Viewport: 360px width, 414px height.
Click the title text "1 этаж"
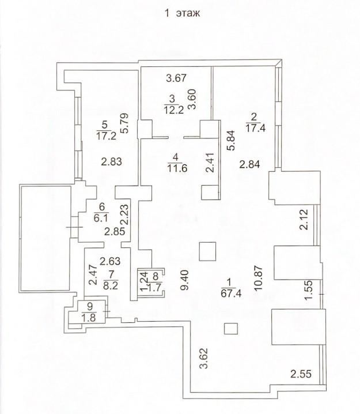pyautogui.click(x=182, y=13)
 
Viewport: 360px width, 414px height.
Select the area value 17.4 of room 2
pyautogui.click(x=255, y=128)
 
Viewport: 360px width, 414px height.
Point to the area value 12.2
pyautogui.click(x=173, y=110)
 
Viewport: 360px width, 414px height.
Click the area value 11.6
pyautogui.click(x=177, y=168)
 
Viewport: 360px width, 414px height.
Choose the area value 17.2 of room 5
pyautogui.click(x=107, y=136)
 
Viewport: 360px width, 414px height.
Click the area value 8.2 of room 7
pyautogui.click(x=111, y=285)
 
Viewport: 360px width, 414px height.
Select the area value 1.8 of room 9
pyautogui.click(x=89, y=318)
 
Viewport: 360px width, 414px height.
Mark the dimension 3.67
pyautogui.click(x=176, y=78)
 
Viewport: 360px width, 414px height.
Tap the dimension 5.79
pyautogui.click(x=125, y=123)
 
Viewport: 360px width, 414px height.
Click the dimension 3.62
pyautogui.click(x=204, y=358)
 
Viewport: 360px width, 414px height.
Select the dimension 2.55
pyautogui.click(x=301, y=374)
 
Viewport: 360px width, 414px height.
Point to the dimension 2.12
pyautogui.click(x=304, y=220)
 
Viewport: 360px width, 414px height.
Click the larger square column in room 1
pyautogui.click(x=207, y=251)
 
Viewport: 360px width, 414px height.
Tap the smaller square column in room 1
pyautogui.click(x=231, y=329)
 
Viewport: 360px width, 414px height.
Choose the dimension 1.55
pyautogui.click(x=308, y=290)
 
